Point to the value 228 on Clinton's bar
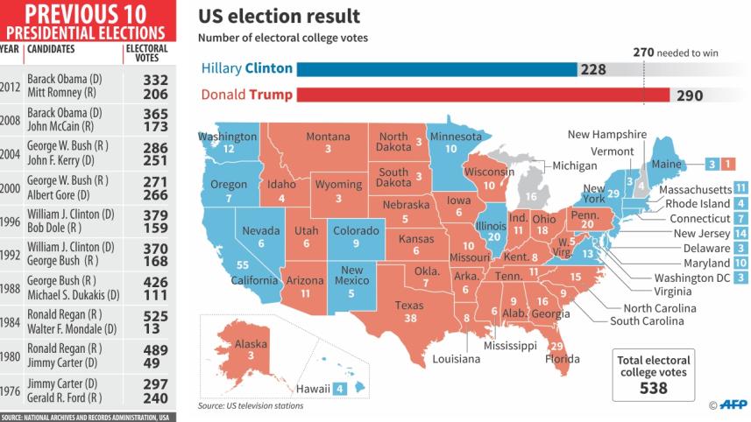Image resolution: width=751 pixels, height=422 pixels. [593, 69]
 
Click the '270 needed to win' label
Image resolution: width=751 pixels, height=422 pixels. [676, 52]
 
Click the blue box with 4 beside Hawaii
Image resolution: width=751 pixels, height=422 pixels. [339, 388]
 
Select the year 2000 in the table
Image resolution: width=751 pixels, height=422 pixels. [11, 187]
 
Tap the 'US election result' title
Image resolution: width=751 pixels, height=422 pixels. [279, 16]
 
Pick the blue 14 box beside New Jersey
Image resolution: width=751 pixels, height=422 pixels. [740, 234]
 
